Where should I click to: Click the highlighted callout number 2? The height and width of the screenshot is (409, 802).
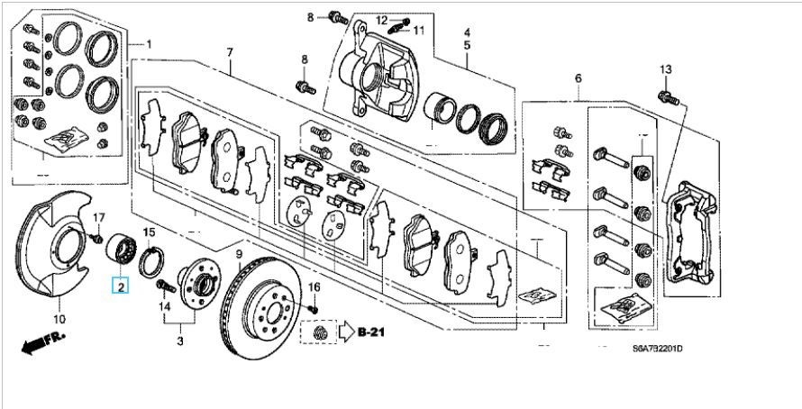pos(119,287)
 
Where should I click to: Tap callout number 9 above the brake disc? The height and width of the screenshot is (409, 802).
pos(240,255)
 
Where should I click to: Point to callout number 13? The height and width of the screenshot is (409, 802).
pos(666,70)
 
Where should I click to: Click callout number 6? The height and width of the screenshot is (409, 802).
pos(577,79)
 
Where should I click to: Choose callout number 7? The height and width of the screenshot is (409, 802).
pos(230,52)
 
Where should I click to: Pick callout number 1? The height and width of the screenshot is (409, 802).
pos(149,43)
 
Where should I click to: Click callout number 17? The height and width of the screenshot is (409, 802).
pos(99,217)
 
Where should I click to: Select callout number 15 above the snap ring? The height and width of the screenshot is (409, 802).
pos(149,233)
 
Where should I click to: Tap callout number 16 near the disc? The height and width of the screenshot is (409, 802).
pos(315,286)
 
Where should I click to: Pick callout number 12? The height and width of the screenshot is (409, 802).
pos(381,20)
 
